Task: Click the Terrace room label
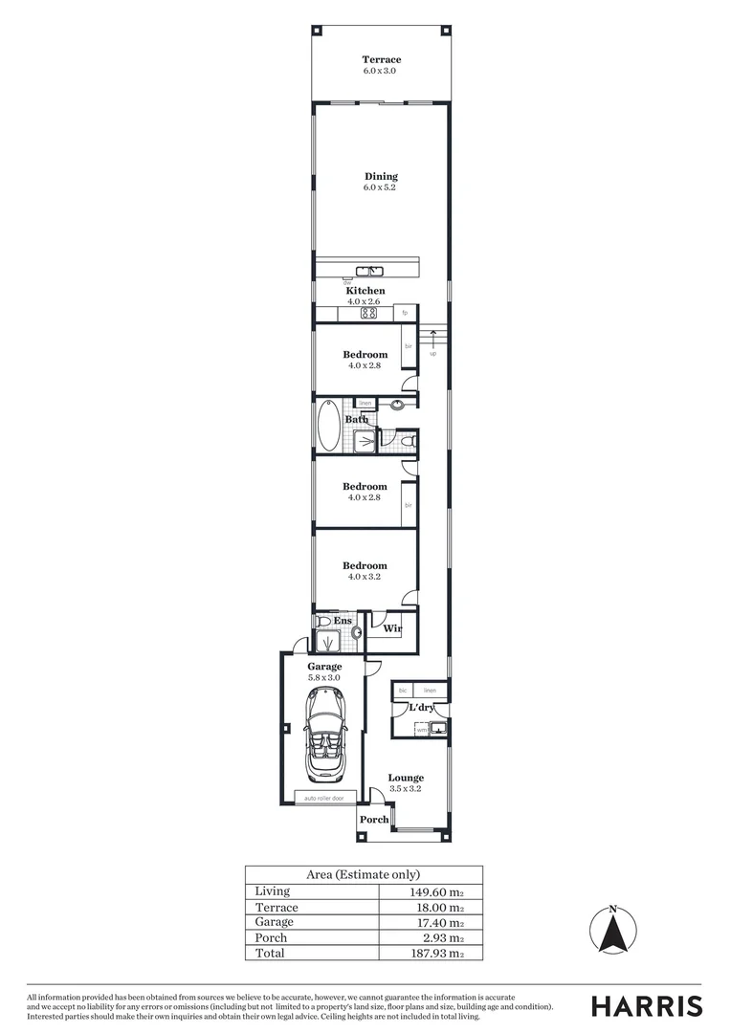click(x=380, y=60)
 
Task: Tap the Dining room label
click(x=380, y=176)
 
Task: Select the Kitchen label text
click(x=365, y=291)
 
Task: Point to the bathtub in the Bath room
click(x=328, y=426)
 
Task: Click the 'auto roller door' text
click(x=323, y=798)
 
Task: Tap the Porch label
click(x=374, y=820)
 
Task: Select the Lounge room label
click(x=406, y=778)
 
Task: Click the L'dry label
click(x=422, y=708)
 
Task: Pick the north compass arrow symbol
click(x=613, y=932)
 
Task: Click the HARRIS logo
click(x=646, y=1006)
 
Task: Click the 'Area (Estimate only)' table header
click(x=363, y=874)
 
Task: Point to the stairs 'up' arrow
click(x=432, y=338)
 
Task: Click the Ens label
click(x=343, y=621)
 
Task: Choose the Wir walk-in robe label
click(x=391, y=628)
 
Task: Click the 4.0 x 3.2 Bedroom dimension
click(x=365, y=577)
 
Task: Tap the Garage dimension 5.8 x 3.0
click(x=323, y=677)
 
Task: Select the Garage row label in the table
click(x=275, y=922)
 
